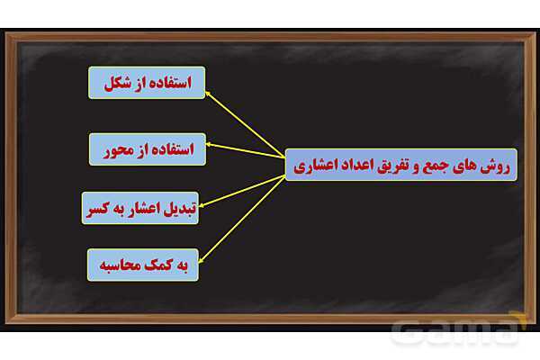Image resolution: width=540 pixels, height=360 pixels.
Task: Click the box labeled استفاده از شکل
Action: [147, 82]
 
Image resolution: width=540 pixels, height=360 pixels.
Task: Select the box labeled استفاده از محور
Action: [147, 148]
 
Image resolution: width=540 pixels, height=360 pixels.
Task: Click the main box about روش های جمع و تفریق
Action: [400, 165]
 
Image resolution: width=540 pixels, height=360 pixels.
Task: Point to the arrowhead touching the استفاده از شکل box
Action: [209, 90]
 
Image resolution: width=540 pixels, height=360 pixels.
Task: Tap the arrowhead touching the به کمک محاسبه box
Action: [200, 256]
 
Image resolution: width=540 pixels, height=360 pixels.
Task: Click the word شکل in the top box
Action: [115, 82]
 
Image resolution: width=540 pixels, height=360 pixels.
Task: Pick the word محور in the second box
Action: [117, 148]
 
